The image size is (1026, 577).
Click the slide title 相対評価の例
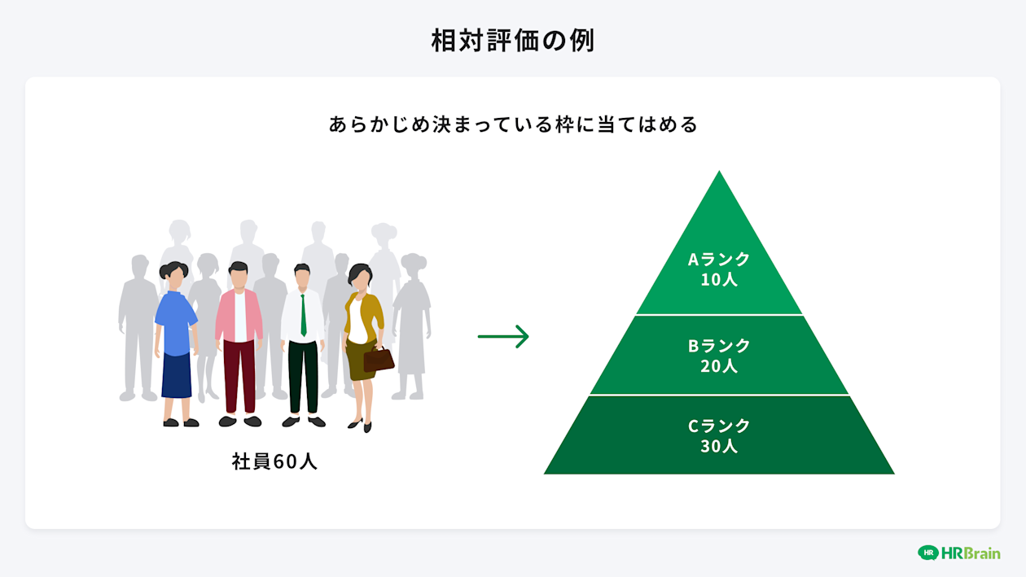[x=513, y=41]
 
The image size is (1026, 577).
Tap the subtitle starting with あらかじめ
[x=513, y=125]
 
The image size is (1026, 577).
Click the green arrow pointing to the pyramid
[x=503, y=336]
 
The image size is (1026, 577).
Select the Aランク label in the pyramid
[x=719, y=260]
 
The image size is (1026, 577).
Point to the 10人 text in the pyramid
[x=719, y=279]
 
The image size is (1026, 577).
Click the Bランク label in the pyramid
[x=719, y=346]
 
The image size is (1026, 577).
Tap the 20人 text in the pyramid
[x=719, y=366]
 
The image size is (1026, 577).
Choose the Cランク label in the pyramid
[x=719, y=426]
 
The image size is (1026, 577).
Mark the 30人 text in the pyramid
[x=719, y=446]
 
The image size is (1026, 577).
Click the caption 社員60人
[x=274, y=461]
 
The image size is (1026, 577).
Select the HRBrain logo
[x=958, y=553]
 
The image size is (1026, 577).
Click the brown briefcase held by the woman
[x=379, y=359]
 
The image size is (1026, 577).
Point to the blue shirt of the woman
[x=174, y=322]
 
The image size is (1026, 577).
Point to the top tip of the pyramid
[x=719, y=173]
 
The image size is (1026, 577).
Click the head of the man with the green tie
[x=302, y=276]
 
